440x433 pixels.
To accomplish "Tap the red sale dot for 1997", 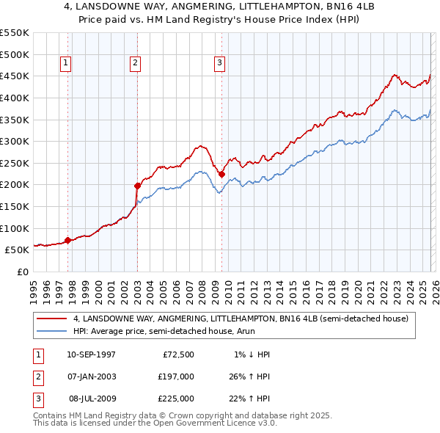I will click(x=67, y=240).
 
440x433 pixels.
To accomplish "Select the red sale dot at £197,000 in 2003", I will click(x=137, y=186).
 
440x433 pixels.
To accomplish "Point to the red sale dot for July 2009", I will click(x=221, y=174).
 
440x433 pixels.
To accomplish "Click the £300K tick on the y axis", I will click(x=14, y=141).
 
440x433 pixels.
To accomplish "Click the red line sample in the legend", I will click(x=52, y=319).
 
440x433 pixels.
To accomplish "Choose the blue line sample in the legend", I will click(x=52, y=331).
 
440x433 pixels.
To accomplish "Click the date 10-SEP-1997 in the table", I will click(x=91, y=354).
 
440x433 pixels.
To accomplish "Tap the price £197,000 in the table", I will click(x=176, y=376).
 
